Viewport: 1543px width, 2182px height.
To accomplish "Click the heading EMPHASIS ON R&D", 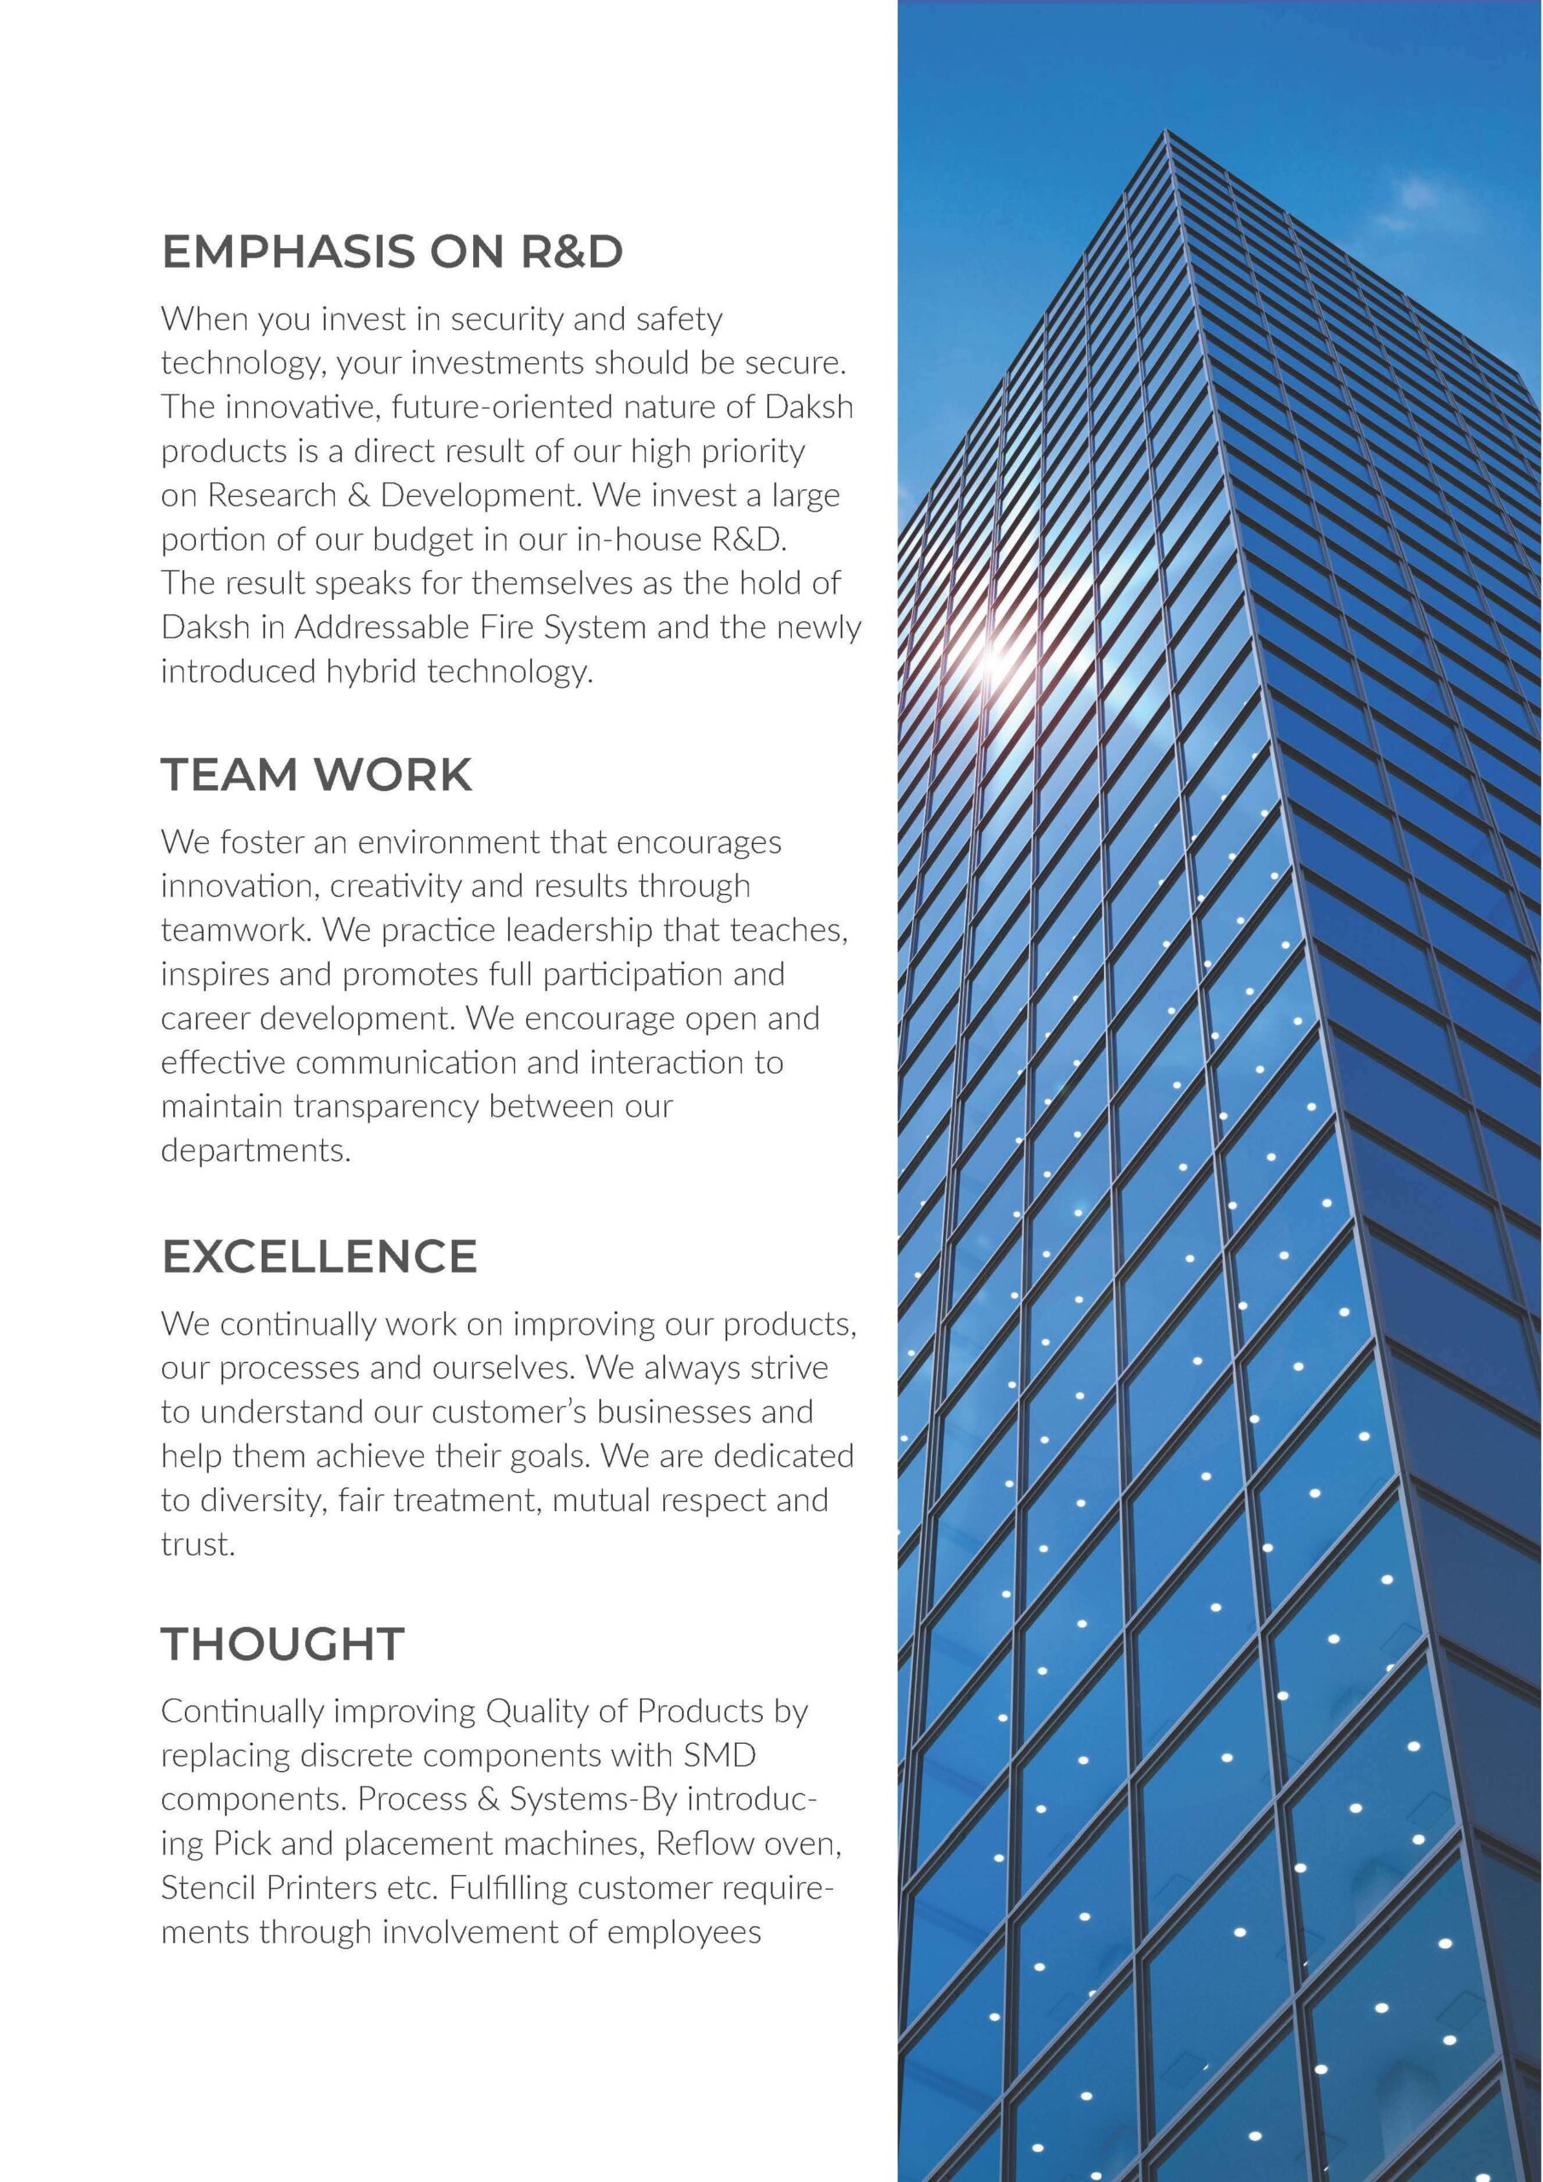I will tap(391, 251).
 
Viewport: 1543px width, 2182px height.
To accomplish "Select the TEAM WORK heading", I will tap(315, 775).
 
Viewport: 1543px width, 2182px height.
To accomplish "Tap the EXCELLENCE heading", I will tap(319, 1256).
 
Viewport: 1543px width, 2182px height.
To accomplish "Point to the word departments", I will tap(255, 1151).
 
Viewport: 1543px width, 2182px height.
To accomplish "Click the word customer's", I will tap(509, 1412).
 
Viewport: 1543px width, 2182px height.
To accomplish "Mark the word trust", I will tap(197, 1544).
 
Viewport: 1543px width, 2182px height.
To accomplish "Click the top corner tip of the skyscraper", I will tap(1165, 133).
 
